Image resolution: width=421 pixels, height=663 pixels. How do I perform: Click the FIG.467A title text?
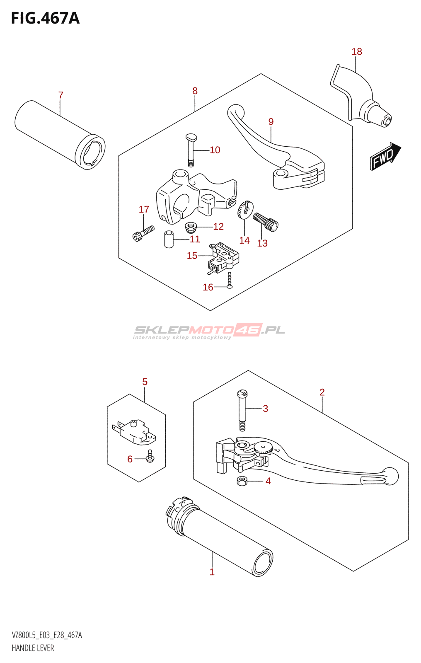(x=45, y=19)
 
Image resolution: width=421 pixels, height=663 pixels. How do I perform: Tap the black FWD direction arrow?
(x=385, y=156)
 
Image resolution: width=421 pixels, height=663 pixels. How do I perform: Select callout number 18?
(x=357, y=52)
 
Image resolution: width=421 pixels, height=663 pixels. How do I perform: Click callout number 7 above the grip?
(x=61, y=95)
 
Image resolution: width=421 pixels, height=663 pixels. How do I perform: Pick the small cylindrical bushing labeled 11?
(x=169, y=240)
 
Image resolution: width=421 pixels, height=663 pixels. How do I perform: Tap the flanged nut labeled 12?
(x=191, y=227)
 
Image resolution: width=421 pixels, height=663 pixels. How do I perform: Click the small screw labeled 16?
(x=230, y=280)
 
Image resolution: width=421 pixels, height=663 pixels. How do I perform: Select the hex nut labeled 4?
(x=242, y=481)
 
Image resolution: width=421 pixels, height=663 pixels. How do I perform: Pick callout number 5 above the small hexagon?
(x=145, y=382)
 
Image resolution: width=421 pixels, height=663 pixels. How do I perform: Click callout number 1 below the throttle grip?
(x=212, y=572)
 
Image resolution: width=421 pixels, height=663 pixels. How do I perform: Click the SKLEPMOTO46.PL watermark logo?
(x=209, y=331)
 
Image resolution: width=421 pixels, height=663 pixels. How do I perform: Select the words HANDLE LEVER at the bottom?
(x=33, y=648)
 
